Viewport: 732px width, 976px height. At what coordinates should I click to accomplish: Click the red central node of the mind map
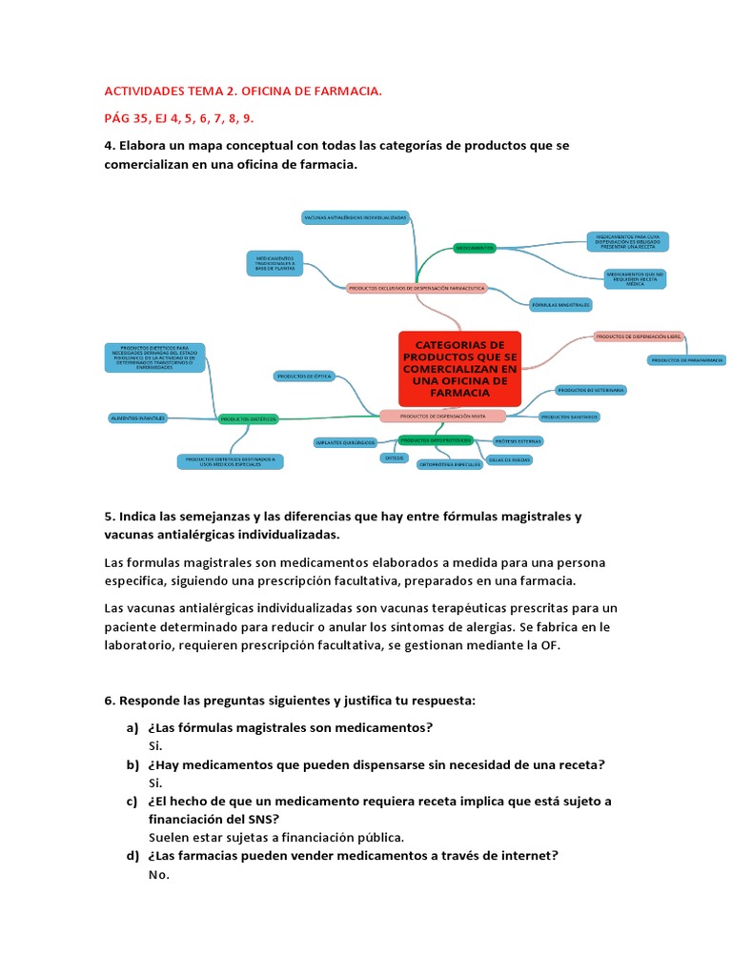459,368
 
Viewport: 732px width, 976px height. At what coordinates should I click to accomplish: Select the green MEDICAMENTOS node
475,247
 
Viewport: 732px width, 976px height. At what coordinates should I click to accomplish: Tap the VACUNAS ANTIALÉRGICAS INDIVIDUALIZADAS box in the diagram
355,218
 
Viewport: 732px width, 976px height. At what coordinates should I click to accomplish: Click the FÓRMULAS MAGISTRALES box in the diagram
560,305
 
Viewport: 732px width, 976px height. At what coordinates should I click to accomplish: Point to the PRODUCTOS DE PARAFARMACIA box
686,360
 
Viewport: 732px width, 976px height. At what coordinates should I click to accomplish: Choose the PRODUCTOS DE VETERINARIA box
591,391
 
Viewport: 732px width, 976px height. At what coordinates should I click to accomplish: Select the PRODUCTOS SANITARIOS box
569,417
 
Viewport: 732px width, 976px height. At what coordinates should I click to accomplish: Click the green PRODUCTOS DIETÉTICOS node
248,418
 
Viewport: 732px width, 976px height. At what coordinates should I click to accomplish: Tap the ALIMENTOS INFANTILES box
138,417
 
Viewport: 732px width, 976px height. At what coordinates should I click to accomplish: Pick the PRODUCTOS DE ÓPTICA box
304,376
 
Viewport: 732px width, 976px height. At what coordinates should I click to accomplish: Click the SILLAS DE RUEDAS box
509,459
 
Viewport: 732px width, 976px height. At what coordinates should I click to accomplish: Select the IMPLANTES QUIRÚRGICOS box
345,442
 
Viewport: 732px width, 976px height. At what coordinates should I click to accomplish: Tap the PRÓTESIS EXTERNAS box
518,441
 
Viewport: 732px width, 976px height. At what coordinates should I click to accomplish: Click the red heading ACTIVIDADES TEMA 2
242,91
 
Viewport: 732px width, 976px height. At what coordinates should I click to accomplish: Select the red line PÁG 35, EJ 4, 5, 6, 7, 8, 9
179,118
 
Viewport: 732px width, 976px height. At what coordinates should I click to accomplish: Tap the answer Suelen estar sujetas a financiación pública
276,837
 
